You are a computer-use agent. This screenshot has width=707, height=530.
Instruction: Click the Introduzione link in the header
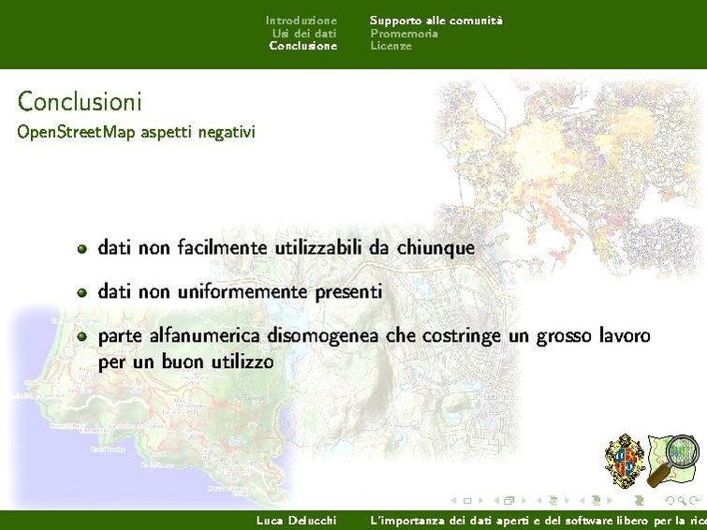pos(301,20)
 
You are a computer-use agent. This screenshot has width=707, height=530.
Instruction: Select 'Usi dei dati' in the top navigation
pos(304,33)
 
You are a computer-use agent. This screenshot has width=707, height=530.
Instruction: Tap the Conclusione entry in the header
pos(302,46)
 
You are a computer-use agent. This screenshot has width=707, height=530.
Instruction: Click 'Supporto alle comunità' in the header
pos(435,20)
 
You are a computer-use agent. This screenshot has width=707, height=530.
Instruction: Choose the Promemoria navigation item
pos(404,33)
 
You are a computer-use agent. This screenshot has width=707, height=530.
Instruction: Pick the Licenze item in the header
pos(390,46)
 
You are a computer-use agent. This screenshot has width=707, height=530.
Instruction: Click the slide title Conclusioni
pos(80,100)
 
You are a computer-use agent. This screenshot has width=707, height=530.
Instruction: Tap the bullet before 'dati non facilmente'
pos(82,249)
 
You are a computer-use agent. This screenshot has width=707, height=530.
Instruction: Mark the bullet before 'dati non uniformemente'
pos(82,292)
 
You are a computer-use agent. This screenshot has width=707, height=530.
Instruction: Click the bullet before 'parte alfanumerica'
pos(82,336)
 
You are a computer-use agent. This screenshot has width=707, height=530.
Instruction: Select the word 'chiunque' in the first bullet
pos(435,248)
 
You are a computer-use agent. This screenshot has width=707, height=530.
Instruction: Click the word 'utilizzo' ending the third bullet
pos(240,361)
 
